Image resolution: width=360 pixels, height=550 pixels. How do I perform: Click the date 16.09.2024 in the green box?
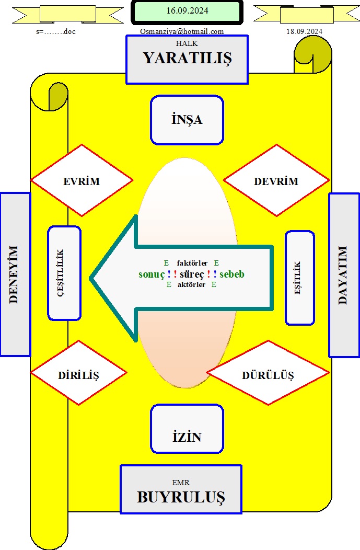coord(187,11)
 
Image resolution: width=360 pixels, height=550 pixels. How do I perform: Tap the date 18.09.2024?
coord(304,31)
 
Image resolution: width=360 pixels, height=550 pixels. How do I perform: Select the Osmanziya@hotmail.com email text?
coord(182,31)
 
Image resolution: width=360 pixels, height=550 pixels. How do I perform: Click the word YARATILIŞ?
coord(187,58)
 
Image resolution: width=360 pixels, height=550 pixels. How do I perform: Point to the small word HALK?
coord(187,43)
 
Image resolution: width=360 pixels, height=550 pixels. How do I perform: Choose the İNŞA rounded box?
coord(187,120)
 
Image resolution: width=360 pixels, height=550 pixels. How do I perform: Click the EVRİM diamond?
coord(82,180)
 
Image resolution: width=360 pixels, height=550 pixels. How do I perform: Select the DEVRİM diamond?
coord(276,180)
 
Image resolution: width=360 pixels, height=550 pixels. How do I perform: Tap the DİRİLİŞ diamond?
coord(79,373)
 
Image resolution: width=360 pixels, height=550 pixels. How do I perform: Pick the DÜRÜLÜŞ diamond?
coord(268,373)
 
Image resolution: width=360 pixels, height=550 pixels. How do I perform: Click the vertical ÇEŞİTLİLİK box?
coord(64,273)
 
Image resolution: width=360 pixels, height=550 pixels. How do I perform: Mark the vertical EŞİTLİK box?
coord(300,278)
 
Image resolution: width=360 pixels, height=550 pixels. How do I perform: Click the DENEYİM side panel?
coord(16,274)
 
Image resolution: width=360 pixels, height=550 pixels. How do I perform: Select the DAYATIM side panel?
coord(344,275)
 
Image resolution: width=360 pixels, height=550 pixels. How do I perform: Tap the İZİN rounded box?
coord(187,429)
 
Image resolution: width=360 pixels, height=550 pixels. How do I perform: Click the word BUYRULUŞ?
coord(181,497)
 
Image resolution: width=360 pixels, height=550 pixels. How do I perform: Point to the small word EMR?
coord(181,483)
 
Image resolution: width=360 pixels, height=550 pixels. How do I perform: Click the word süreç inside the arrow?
coord(192,274)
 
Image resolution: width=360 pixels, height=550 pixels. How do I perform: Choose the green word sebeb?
coord(231,274)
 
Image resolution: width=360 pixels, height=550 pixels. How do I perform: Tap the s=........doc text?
coord(56,31)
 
